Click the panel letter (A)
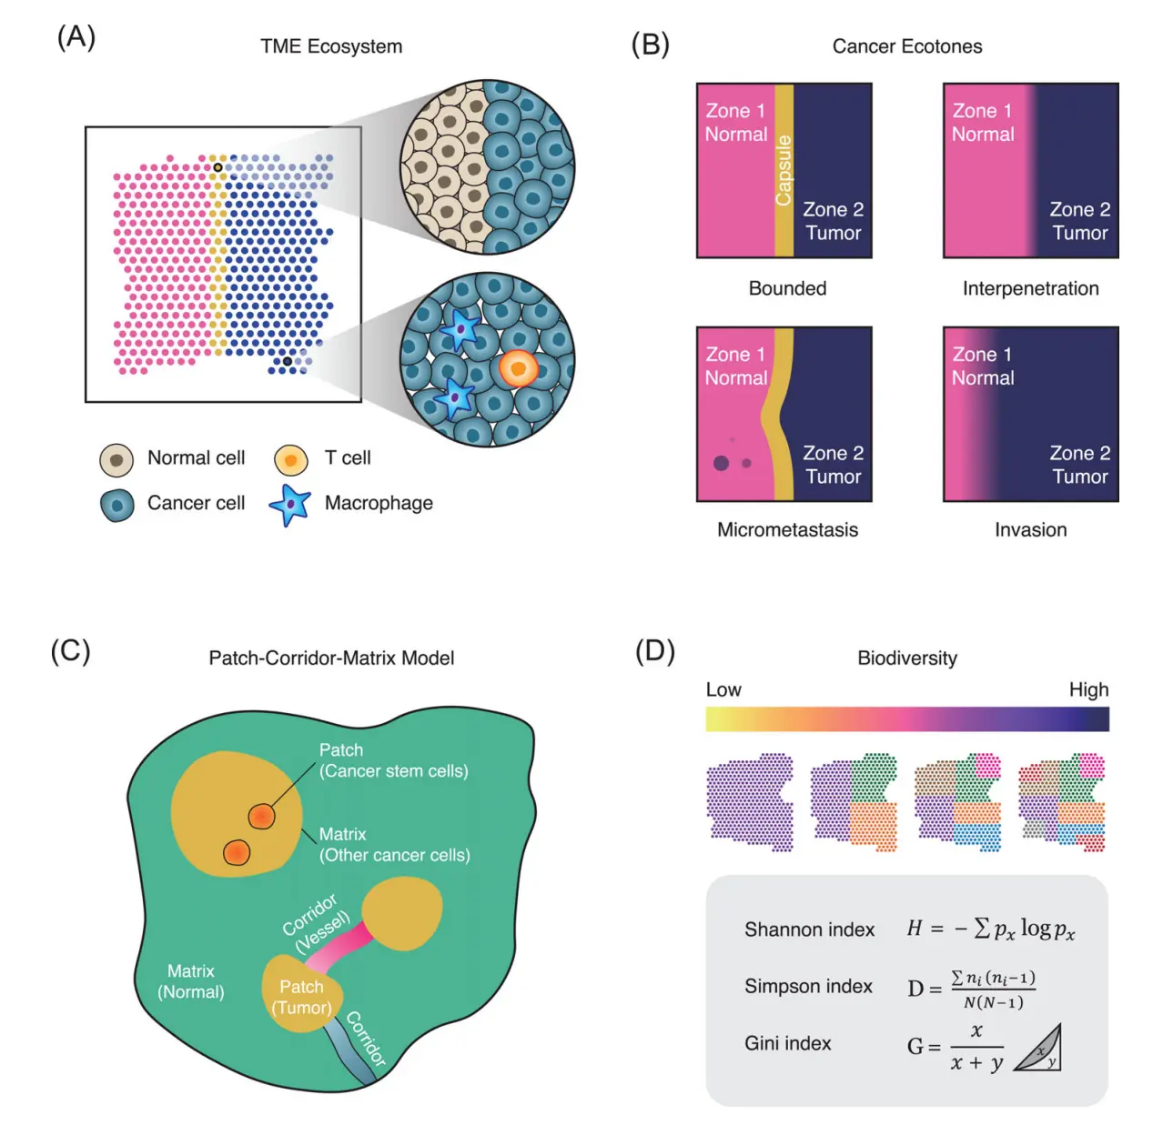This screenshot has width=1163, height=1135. (76, 38)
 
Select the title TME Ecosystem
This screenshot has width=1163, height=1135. (331, 46)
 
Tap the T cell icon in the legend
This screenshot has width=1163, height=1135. (290, 460)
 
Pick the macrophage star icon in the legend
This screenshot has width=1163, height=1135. (290, 505)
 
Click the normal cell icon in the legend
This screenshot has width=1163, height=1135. (116, 460)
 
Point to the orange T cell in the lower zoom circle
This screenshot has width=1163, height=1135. (518, 368)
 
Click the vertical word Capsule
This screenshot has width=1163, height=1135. (784, 170)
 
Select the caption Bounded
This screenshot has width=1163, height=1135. (787, 288)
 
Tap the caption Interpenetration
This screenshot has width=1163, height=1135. (1030, 288)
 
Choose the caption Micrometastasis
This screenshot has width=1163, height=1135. (787, 529)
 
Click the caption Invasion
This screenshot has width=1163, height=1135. (1030, 529)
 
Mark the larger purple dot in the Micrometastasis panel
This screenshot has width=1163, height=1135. (722, 463)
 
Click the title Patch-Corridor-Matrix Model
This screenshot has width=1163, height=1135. (331, 658)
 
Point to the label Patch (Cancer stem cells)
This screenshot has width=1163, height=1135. (393, 760)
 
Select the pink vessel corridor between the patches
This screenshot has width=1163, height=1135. (339, 945)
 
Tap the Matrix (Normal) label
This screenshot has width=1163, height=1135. (191, 981)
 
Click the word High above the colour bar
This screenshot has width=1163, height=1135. (1088, 689)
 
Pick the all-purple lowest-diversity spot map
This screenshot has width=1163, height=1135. (750, 802)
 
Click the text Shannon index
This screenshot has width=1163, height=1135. (809, 929)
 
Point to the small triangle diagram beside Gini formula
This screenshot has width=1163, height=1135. (1039, 1049)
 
